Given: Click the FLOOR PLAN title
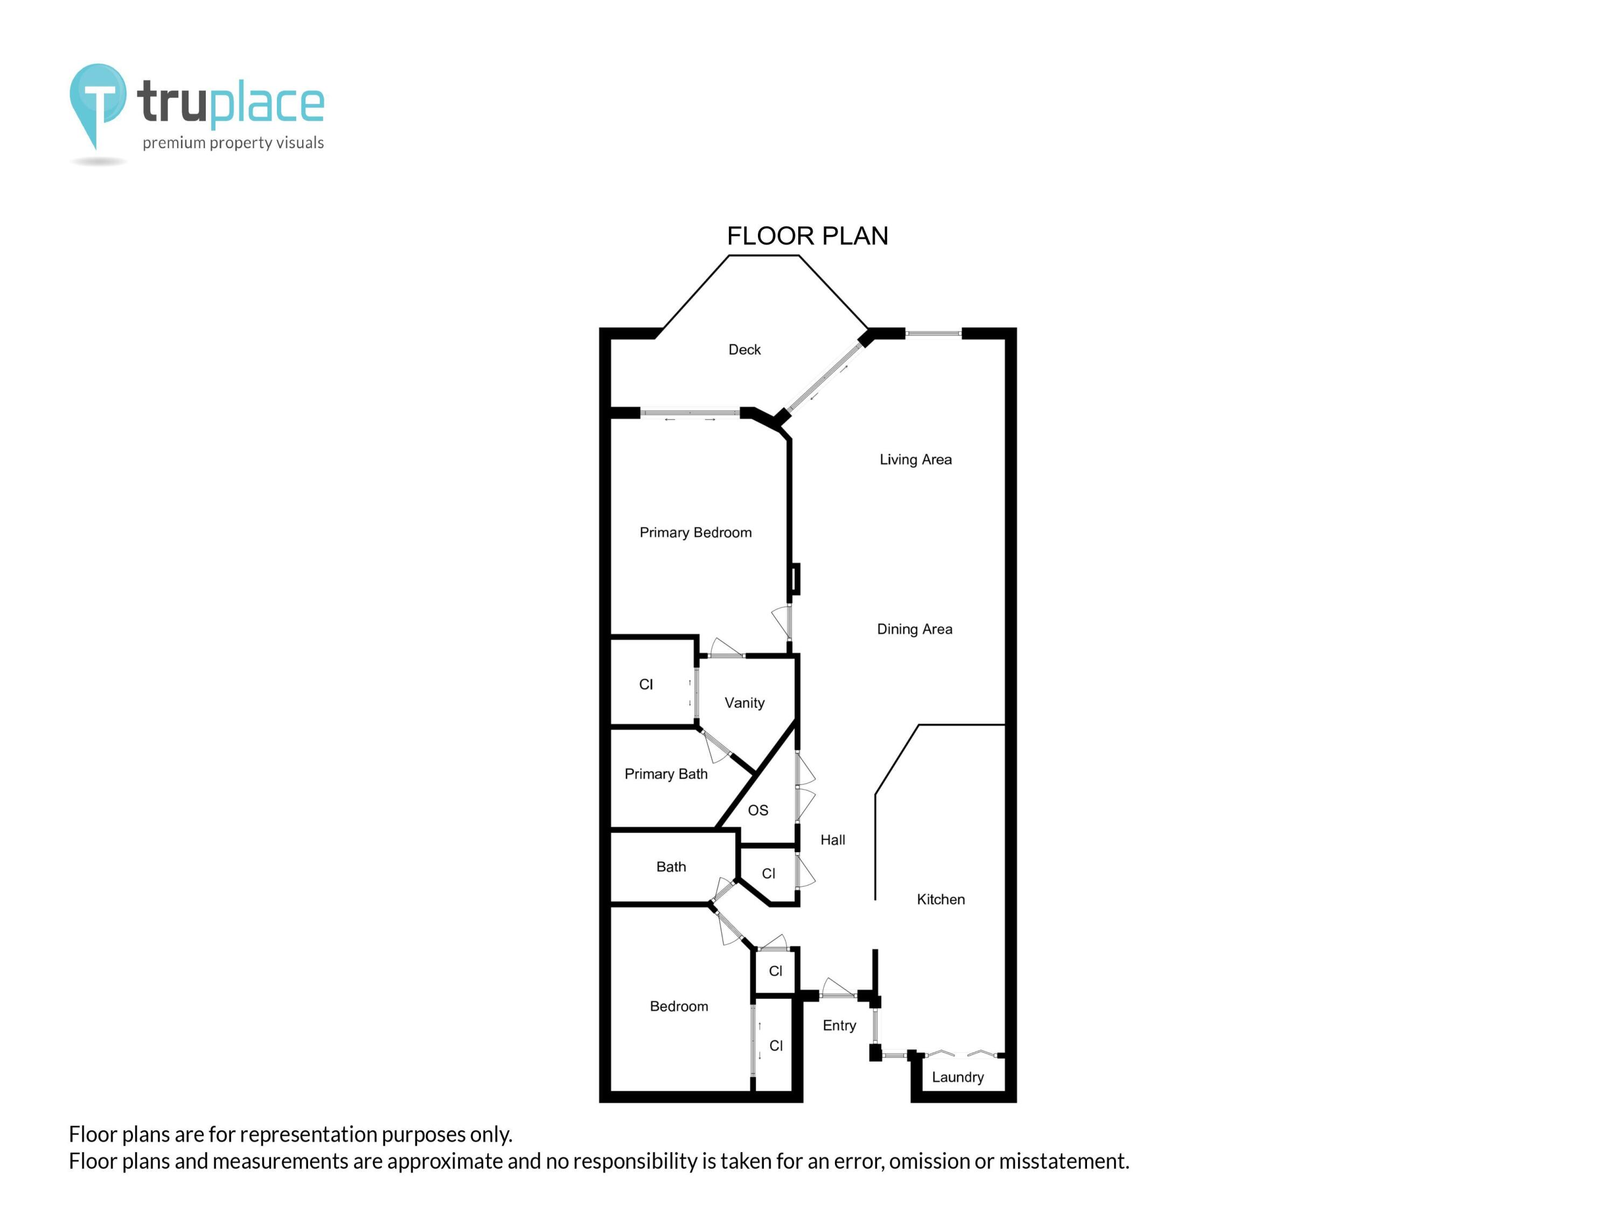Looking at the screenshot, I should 807,236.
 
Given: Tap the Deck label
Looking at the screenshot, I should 744,350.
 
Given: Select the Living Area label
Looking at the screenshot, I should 915,459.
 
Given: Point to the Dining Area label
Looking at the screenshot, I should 915,629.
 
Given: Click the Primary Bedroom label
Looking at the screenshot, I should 695,533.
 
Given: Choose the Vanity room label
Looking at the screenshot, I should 744,703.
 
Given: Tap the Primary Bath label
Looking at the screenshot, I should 666,774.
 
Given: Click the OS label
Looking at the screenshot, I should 757,810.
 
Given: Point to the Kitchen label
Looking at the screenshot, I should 941,900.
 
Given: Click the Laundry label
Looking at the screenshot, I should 958,1077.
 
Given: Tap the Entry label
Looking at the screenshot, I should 839,1025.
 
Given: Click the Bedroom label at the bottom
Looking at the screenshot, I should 679,1006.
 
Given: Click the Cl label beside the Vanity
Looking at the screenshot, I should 646,685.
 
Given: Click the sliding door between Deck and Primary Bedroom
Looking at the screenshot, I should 689,414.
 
